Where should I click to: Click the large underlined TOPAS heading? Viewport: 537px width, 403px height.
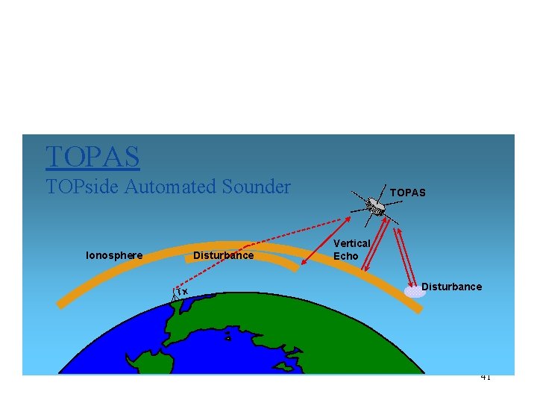point(92,157)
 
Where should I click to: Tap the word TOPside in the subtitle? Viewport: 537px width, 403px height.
point(82,187)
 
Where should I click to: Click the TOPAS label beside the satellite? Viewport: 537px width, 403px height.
point(407,193)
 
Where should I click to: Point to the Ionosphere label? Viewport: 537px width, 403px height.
point(114,256)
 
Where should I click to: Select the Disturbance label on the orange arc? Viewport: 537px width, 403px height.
point(223,256)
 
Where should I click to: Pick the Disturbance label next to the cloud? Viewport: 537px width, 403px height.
point(451,287)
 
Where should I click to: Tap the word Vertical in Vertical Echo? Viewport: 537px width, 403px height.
point(351,244)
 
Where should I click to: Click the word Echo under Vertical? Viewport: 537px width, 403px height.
point(345,256)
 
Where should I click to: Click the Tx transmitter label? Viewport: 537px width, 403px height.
point(182,291)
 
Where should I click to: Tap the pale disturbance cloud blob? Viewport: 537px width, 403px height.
point(415,291)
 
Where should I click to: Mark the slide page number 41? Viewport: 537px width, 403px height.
point(486,377)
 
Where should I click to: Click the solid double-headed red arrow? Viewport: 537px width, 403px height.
point(326,240)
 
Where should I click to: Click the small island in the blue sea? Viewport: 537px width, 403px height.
point(228,338)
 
